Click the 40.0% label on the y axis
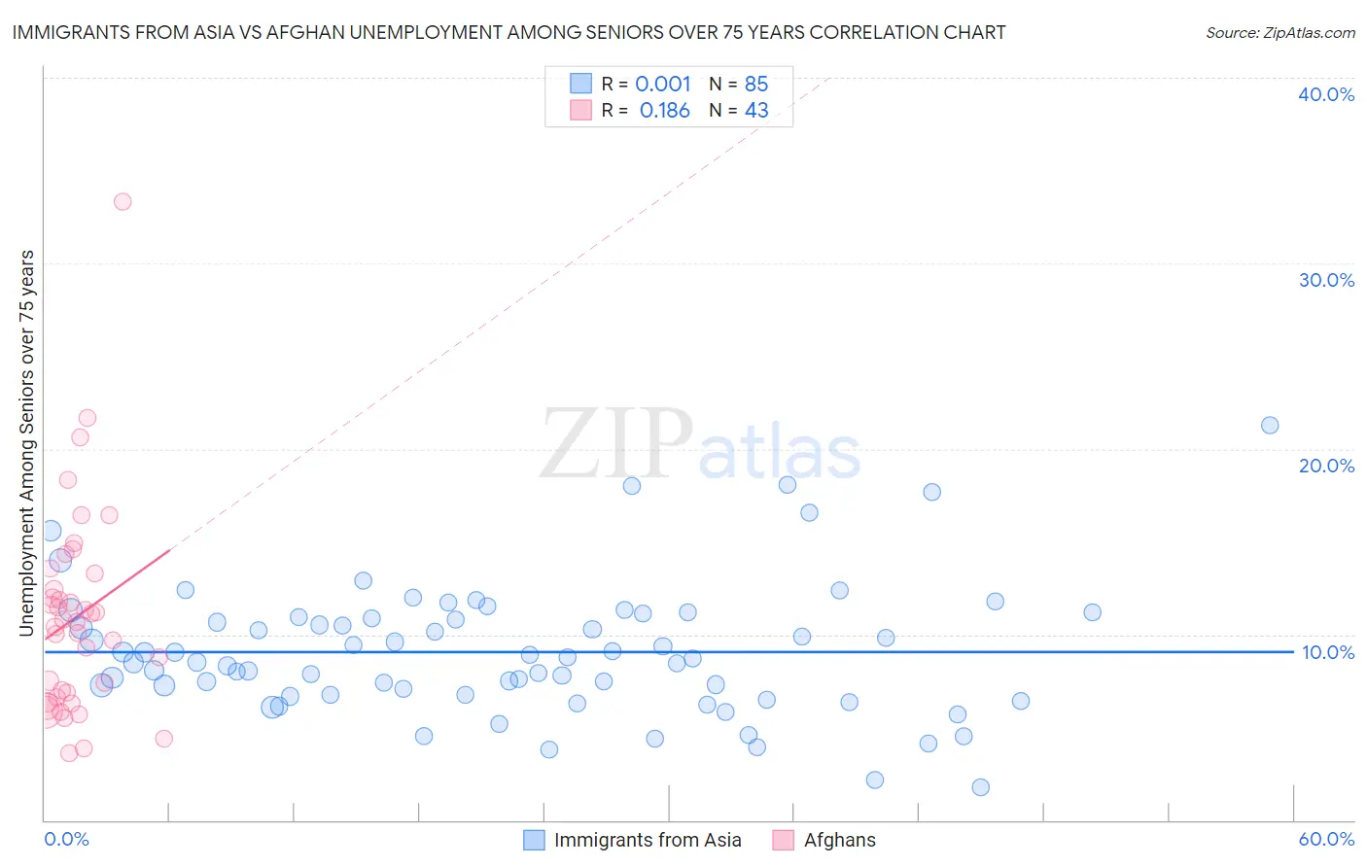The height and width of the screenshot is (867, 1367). point(1326,94)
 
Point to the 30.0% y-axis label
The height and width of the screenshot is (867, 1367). point(1326,280)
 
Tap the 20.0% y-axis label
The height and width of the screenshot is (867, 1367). point(1326,466)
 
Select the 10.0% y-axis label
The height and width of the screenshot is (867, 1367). point(1327,652)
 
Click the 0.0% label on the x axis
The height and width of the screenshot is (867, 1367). point(66,839)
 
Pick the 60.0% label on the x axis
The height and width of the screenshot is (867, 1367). point(1326,839)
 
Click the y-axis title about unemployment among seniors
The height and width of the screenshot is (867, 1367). point(26,443)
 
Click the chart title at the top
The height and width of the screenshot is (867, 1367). point(508,33)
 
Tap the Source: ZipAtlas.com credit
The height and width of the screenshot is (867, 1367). point(1279,33)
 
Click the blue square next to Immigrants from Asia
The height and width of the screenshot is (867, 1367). point(534,840)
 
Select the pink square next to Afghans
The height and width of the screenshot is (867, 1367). point(783,840)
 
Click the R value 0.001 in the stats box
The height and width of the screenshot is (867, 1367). point(663,84)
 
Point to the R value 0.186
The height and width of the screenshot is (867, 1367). point(665,111)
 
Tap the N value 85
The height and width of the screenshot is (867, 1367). point(756,84)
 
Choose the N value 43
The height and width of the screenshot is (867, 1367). point(756,111)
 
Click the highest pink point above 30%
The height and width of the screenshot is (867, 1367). point(123,202)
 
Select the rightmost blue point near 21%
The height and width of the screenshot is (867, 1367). point(1270,425)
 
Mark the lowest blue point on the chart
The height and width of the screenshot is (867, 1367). point(980,787)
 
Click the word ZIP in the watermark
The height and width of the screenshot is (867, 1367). point(615,444)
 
